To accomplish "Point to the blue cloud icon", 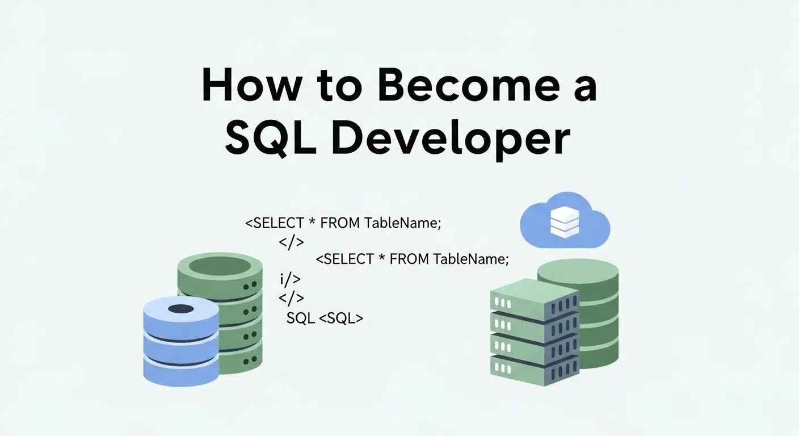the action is pos(565,220).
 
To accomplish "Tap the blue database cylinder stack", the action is pos(181,341).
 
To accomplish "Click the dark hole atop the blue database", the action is pos(181,309).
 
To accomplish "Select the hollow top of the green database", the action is pos(220,266).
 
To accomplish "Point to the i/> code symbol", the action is pos(290,279).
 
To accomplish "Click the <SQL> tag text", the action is pos(340,318).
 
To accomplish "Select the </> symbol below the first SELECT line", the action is pos(292,242).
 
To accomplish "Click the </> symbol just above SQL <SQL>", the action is pos(292,298).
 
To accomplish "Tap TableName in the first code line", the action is pos(402,223).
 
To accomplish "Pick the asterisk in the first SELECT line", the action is pos(312,221).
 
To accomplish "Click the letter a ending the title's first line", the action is pos(585,89).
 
